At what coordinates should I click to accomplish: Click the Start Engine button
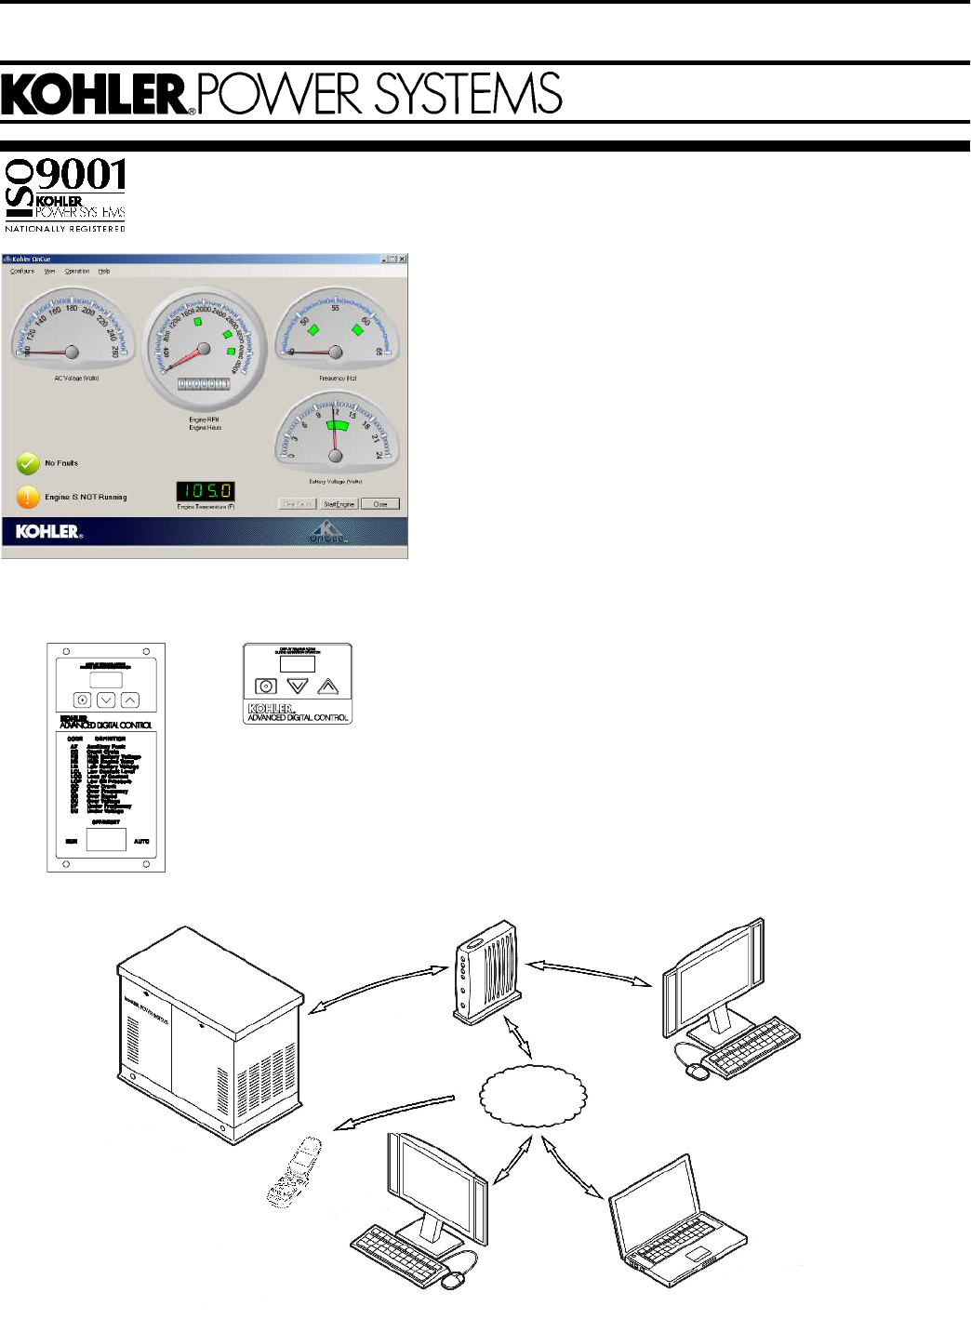click(x=339, y=504)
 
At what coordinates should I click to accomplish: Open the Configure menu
click(x=22, y=272)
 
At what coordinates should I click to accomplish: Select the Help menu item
click(x=104, y=272)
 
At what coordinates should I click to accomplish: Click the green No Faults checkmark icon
click(x=29, y=463)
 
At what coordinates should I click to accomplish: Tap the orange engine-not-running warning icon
click(x=29, y=497)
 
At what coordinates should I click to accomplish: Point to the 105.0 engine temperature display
click(x=206, y=491)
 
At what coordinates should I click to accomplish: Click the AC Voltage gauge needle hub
click(x=72, y=352)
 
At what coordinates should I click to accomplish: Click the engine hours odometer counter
click(x=204, y=384)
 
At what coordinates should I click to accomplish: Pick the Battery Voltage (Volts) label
click(x=336, y=482)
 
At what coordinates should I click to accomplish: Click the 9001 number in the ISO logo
click(x=82, y=176)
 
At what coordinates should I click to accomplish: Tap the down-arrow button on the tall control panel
click(x=106, y=700)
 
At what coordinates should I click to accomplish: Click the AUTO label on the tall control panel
click(x=141, y=842)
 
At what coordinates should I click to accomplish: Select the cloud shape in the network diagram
click(x=533, y=1097)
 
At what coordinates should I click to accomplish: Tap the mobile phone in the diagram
click(x=293, y=1173)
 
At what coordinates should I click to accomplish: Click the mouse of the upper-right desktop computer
click(x=697, y=1071)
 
